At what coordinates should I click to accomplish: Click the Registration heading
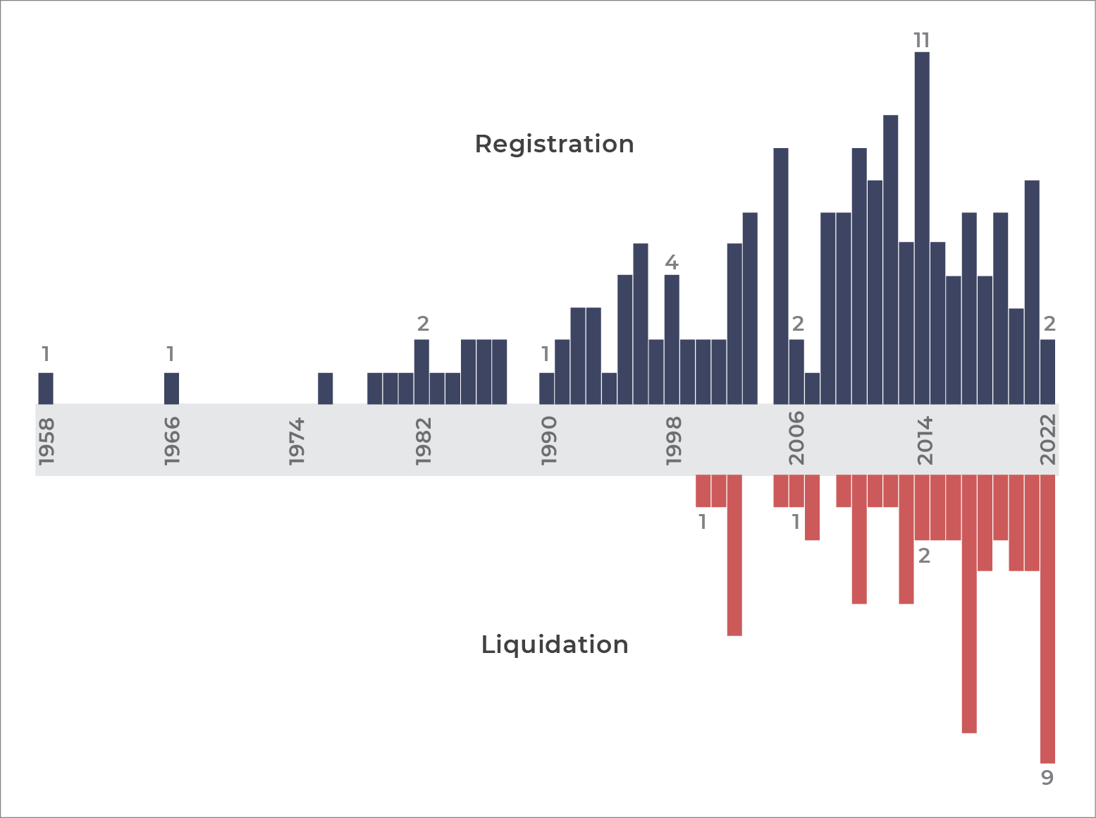coord(554,145)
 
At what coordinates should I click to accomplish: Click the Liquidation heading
coord(554,645)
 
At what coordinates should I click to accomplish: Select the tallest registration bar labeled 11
coord(922,228)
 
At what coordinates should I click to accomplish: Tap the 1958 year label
coord(46,442)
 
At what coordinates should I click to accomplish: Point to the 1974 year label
coord(297,442)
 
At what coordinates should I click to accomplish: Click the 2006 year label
coord(796,438)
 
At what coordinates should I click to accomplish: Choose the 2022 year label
coord(1047,439)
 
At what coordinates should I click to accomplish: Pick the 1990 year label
coord(548,442)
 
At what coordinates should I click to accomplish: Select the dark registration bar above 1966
coord(171,388)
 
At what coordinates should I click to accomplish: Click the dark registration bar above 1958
coord(45,388)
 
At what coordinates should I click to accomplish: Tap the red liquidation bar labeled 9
coord(1047,618)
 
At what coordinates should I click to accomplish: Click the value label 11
coord(922,40)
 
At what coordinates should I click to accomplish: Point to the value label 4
coord(672,262)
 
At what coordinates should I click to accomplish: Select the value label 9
coord(1047,778)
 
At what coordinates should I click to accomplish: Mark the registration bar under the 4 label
coord(672,340)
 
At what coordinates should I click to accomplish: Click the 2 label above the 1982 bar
coord(423,324)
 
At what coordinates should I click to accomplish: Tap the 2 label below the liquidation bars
coord(924,556)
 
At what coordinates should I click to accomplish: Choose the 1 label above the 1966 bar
coord(171,354)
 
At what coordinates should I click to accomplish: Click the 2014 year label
coord(925,441)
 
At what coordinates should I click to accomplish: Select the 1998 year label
coord(674,442)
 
